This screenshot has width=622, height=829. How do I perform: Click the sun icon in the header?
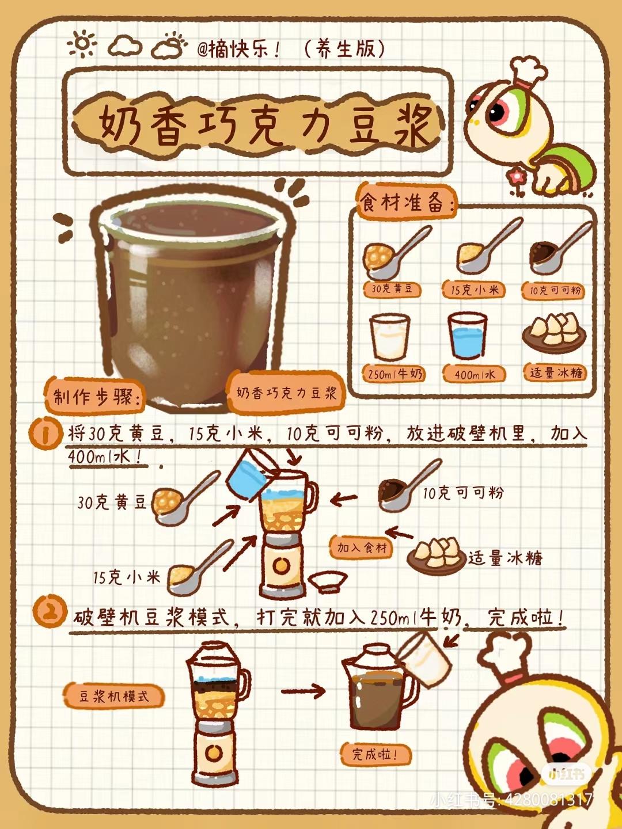tap(82, 44)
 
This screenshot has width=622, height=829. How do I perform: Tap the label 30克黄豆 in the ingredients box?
tap(392, 290)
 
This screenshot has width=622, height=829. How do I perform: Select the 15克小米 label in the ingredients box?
tap(473, 290)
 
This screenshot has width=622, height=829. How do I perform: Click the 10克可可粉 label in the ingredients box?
tap(553, 291)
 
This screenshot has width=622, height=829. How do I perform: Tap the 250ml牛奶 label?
tap(394, 374)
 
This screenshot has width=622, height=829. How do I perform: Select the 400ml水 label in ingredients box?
tap(475, 374)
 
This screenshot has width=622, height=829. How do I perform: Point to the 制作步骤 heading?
tap(94, 397)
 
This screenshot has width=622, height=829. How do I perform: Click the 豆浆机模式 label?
tap(113, 696)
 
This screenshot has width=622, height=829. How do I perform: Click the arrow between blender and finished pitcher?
tap(304, 691)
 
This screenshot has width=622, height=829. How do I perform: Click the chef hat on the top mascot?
tap(528, 73)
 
